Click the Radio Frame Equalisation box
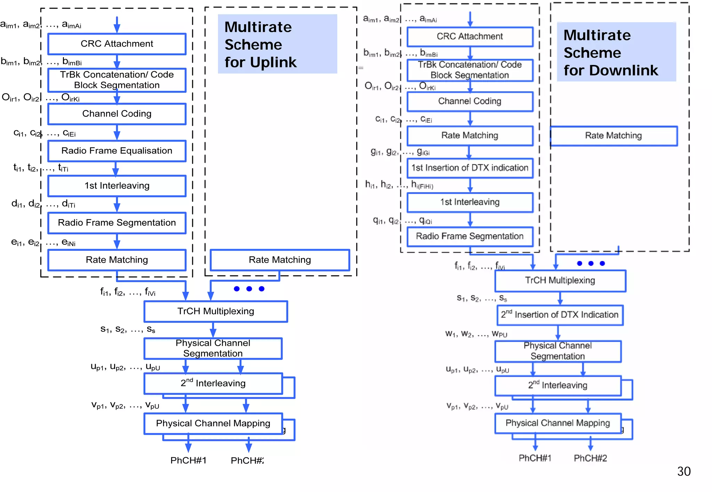pyautogui.click(x=117, y=151)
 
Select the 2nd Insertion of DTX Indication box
pyautogui.click(x=560, y=315)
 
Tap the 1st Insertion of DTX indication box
pyautogui.click(x=470, y=168)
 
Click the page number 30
pyautogui.click(x=683, y=471)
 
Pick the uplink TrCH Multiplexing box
pyautogui.click(x=216, y=311)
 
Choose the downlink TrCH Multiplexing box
pyautogui.click(x=560, y=280)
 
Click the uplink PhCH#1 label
pyautogui.click(x=188, y=460)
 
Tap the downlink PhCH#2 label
pyautogui.click(x=590, y=458)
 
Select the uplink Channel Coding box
pyautogui.click(x=117, y=114)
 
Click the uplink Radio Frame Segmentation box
pyautogui.click(x=117, y=223)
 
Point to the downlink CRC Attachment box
pyautogui.click(x=470, y=36)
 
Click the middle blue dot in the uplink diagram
pyautogui.click(x=249, y=289)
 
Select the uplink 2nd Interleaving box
pyautogui.click(x=213, y=383)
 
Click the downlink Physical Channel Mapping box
pyautogui.click(x=558, y=423)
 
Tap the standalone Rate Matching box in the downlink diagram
pyautogui.click(x=613, y=136)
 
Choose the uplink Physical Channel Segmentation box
pyautogui.click(x=213, y=348)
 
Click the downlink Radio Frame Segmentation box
pyautogui.click(x=470, y=236)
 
